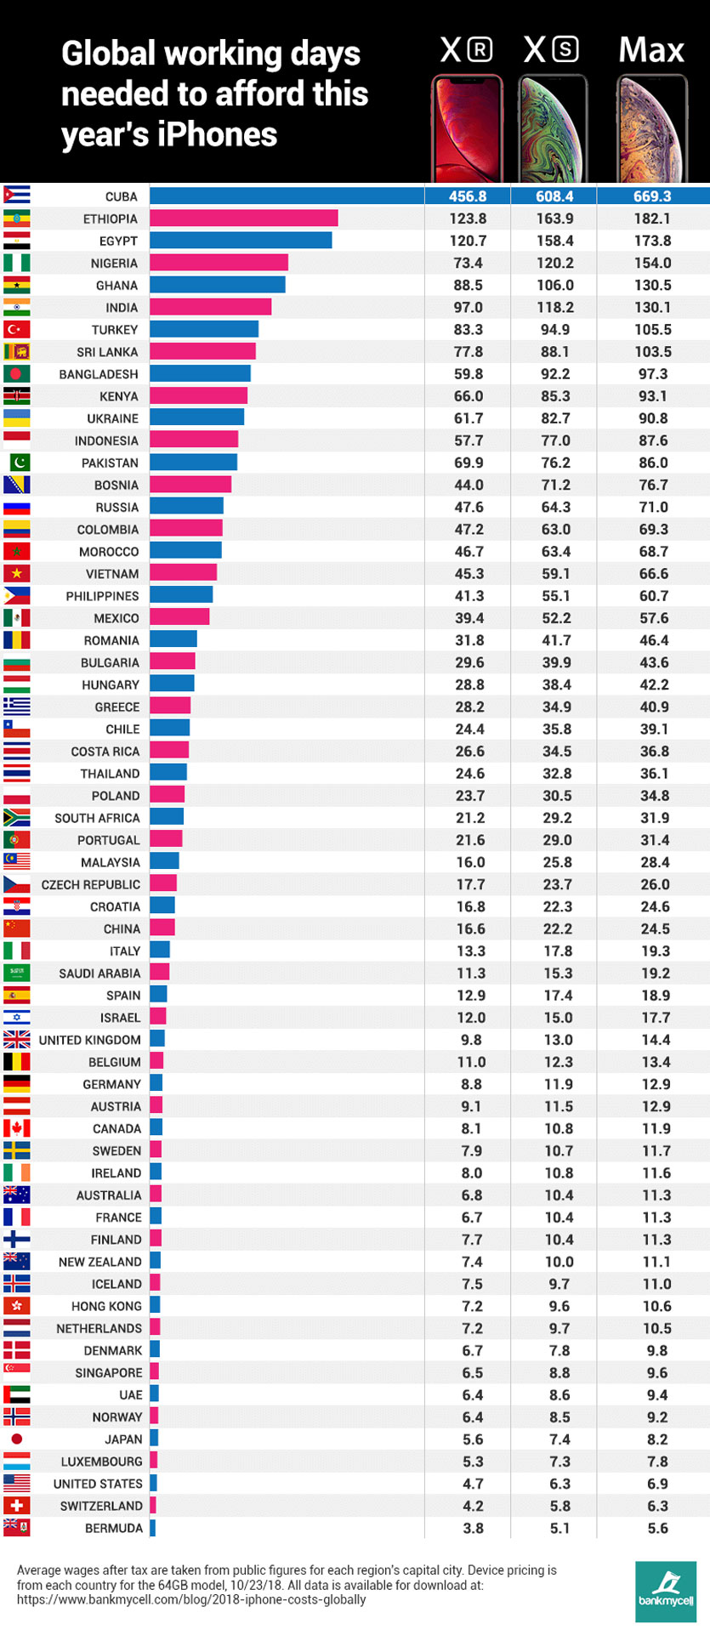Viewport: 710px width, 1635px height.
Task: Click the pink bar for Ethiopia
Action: [244, 219]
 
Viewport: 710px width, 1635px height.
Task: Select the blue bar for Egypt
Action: [241, 241]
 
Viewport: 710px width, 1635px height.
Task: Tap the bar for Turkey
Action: [204, 330]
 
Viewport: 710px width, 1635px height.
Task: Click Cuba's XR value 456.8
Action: [468, 196]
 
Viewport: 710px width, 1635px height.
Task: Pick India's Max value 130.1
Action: [653, 308]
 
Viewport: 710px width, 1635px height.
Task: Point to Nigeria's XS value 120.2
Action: [555, 264]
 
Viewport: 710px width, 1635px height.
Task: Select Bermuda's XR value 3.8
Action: [473, 1528]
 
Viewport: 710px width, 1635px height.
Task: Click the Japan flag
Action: [16, 1439]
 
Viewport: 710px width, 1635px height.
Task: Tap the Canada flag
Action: [16, 1128]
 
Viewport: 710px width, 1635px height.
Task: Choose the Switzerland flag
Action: [16, 1505]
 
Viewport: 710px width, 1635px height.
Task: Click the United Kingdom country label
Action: [90, 1040]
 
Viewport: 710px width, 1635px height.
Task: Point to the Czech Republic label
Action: [91, 884]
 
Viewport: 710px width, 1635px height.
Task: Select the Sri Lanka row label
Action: [107, 352]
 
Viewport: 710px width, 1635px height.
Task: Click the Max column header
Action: [651, 50]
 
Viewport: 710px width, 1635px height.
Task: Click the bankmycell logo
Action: [666, 1590]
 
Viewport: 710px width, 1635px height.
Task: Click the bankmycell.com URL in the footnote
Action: [191, 1599]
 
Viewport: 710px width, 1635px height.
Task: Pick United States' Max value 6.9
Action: [653, 1484]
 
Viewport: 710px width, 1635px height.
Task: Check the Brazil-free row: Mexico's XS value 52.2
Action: [555, 618]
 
